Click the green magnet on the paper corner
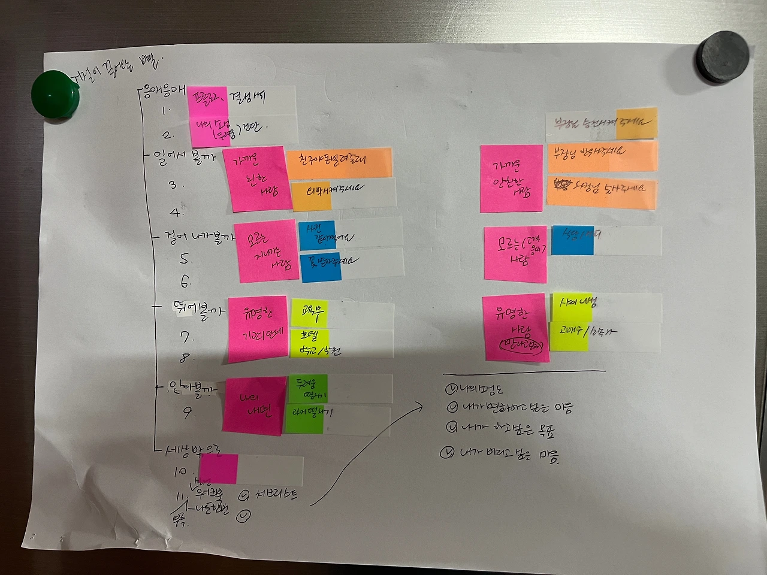tap(56, 96)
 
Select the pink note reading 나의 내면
tap(254, 405)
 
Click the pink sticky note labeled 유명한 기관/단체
tap(258, 329)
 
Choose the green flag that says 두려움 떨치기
tap(306, 389)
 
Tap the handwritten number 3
tap(174, 184)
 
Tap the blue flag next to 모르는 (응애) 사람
tap(572, 240)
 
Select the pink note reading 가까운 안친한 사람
tap(512, 178)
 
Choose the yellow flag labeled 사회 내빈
tap(571, 307)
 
